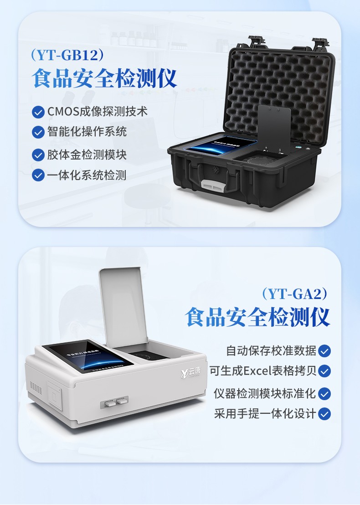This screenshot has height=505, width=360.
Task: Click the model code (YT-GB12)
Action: tap(67, 56)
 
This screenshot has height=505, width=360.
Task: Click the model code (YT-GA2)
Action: tap(295, 294)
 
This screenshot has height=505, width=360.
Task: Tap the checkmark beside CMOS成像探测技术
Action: tap(38, 112)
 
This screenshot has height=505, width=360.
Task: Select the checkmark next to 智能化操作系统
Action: tap(38, 132)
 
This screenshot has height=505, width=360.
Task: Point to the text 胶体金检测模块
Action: tap(87, 155)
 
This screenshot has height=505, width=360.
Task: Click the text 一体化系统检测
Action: tap(87, 175)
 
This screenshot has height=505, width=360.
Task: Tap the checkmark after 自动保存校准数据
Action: tap(324, 351)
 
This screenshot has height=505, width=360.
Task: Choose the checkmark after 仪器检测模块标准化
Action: tap(324, 393)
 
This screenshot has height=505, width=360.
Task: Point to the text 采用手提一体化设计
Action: tap(265, 413)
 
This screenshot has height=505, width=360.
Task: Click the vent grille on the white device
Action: tap(36, 388)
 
